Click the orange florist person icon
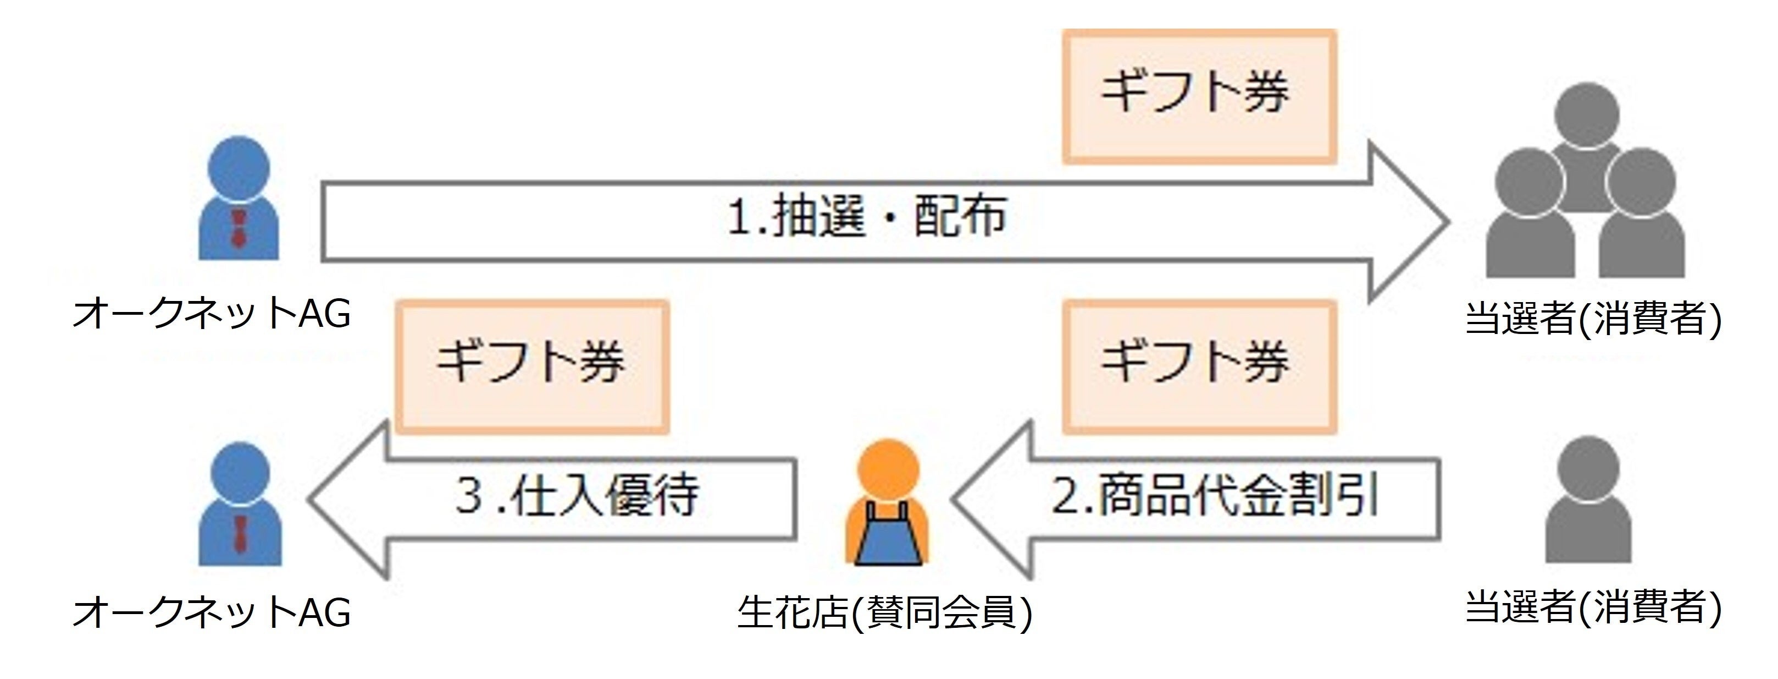coord(888,504)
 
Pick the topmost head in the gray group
coord(1587,114)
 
